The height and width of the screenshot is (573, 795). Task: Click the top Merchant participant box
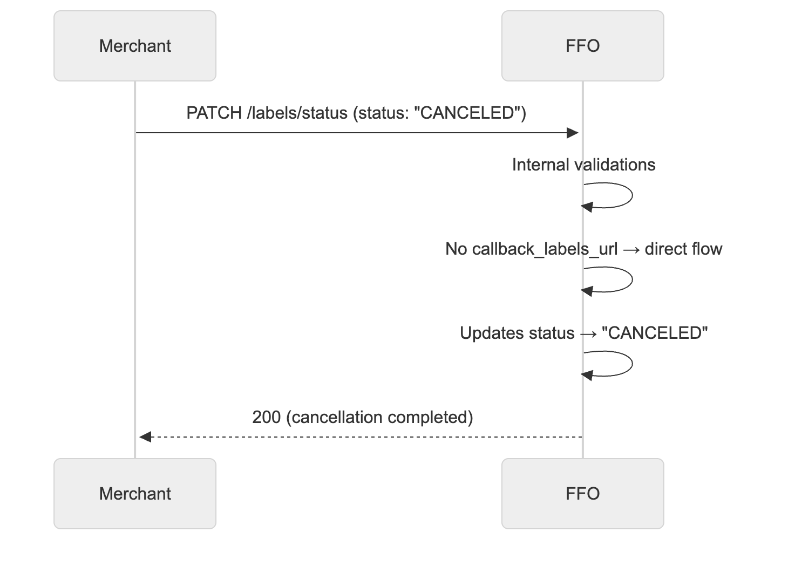click(x=135, y=46)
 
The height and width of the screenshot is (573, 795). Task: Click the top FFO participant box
click(x=582, y=46)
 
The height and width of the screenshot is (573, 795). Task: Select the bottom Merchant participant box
click(x=135, y=494)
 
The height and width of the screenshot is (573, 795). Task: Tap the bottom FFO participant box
click(x=582, y=494)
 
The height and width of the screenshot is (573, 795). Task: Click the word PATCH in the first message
click(x=214, y=113)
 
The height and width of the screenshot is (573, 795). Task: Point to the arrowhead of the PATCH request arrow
click(x=573, y=133)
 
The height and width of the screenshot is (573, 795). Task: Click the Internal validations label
click(x=583, y=165)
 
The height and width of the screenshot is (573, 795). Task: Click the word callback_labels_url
click(x=545, y=249)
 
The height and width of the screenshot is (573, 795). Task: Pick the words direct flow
click(x=683, y=249)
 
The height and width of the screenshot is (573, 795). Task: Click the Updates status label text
click(x=517, y=333)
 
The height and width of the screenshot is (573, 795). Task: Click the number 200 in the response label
click(x=266, y=417)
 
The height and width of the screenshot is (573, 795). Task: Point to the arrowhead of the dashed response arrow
click(x=145, y=437)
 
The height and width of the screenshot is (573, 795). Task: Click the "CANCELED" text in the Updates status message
click(x=654, y=333)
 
